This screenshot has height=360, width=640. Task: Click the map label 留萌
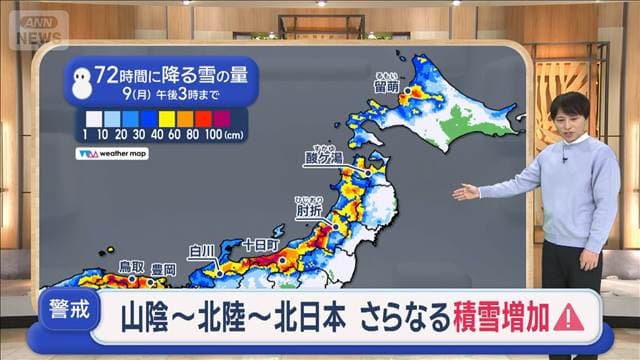(386, 87)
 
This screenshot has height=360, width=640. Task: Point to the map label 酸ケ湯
(323, 157)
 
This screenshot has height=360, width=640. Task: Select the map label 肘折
(310, 210)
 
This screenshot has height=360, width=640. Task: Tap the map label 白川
(201, 250)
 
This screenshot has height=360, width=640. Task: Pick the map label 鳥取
(132, 267)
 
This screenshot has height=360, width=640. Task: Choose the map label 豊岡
(163, 269)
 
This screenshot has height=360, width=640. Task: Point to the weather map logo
(111, 154)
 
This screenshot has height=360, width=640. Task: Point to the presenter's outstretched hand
(463, 192)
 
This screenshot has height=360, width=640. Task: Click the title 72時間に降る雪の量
(161, 72)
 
